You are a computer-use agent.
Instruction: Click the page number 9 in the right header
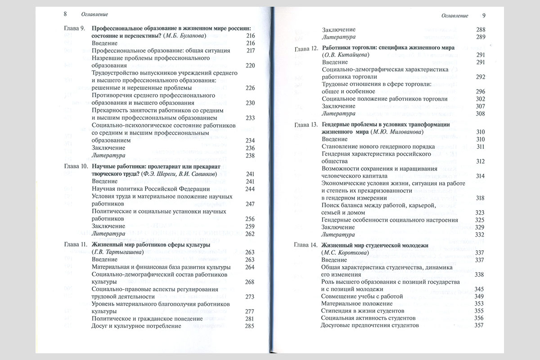tap(483, 15)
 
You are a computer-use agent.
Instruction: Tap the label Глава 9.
tap(74, 28)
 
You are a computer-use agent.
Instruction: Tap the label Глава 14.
tap(306, 245)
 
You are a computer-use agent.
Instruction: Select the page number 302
tap(480, 99)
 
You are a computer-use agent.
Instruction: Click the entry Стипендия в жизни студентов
tap(362, 310)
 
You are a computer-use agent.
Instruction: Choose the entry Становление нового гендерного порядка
tap(378, 147)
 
